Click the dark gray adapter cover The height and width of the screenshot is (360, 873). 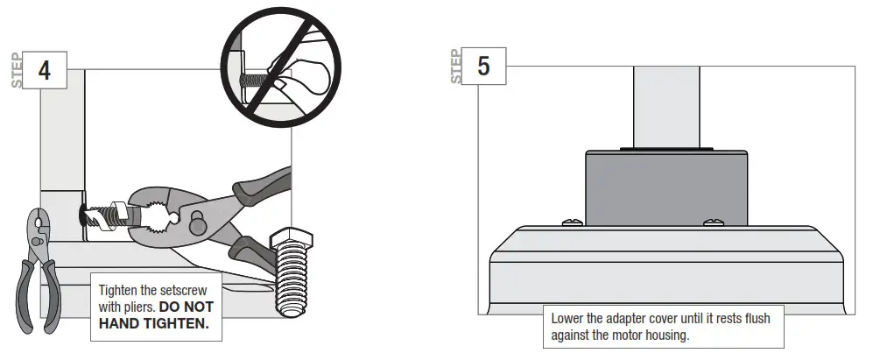665,185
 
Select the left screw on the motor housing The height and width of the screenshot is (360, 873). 568,222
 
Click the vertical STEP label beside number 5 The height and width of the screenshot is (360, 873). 455,67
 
